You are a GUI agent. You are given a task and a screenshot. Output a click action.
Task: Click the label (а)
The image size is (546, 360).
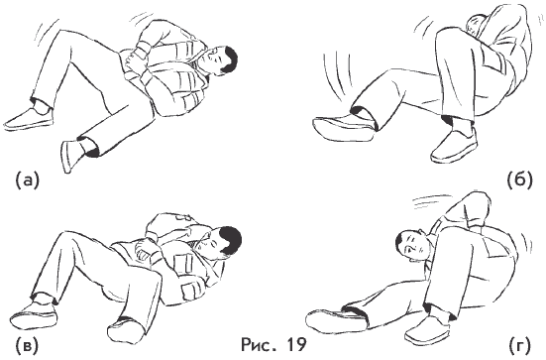(x=28, y=180)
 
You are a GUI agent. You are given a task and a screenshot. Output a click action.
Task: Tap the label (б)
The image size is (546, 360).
(x=519, y=180)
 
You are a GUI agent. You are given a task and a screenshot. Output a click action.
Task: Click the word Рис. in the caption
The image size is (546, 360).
(x=260, y=345)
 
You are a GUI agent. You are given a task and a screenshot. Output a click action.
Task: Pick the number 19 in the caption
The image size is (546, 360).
(x=296, y=345)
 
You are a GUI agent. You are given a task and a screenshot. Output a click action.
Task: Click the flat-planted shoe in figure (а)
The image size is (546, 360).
(x=30, y=118)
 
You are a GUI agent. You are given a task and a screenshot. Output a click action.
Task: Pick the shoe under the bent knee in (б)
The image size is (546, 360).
(x=454, y=146)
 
